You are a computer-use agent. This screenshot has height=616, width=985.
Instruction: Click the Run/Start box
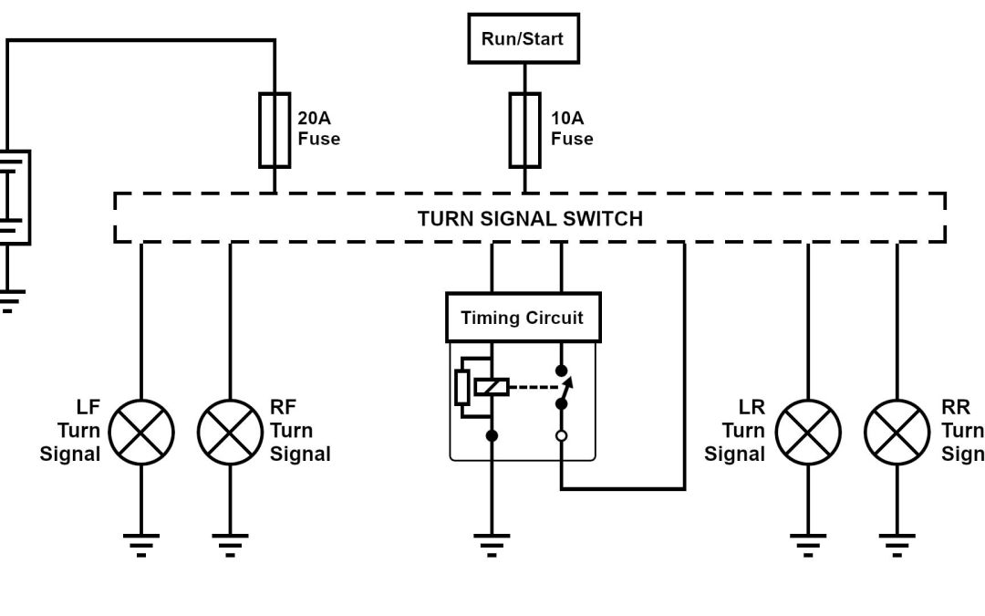coord(524,38)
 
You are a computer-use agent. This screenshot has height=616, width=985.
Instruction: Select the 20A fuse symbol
coord(275,130)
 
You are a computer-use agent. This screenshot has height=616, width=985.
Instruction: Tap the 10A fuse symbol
coord(524,130)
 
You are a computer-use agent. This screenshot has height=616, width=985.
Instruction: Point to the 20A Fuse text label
coord(318,129)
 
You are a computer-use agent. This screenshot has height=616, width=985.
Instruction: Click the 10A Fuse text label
coord(572,129)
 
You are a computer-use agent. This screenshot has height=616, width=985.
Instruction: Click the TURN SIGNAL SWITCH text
coord(530,219)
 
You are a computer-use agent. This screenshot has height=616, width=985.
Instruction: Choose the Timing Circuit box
coord(523,318)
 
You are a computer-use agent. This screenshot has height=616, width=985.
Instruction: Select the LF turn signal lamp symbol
coord(141,431)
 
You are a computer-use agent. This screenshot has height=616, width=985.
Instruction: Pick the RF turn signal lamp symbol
coord(230,431)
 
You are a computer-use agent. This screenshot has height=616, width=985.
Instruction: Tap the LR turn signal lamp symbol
coord(807,431)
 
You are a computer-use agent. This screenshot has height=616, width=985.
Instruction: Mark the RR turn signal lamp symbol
coord(897,431)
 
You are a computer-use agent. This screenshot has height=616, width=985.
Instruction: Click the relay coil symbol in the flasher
coord(492,387)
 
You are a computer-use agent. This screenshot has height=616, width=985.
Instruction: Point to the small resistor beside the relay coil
coord(462,387)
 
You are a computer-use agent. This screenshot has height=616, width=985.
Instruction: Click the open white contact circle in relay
coord(561,435)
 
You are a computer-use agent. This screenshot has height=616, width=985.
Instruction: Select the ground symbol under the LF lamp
coord(141,545)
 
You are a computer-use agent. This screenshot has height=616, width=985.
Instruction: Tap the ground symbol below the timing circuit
coord(492,545)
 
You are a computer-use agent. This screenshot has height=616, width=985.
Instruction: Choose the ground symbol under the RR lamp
coord(897,545)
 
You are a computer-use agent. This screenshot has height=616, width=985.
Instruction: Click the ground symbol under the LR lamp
coord(807,545)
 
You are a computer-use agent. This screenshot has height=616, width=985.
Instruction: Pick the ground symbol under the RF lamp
coord(230,545)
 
